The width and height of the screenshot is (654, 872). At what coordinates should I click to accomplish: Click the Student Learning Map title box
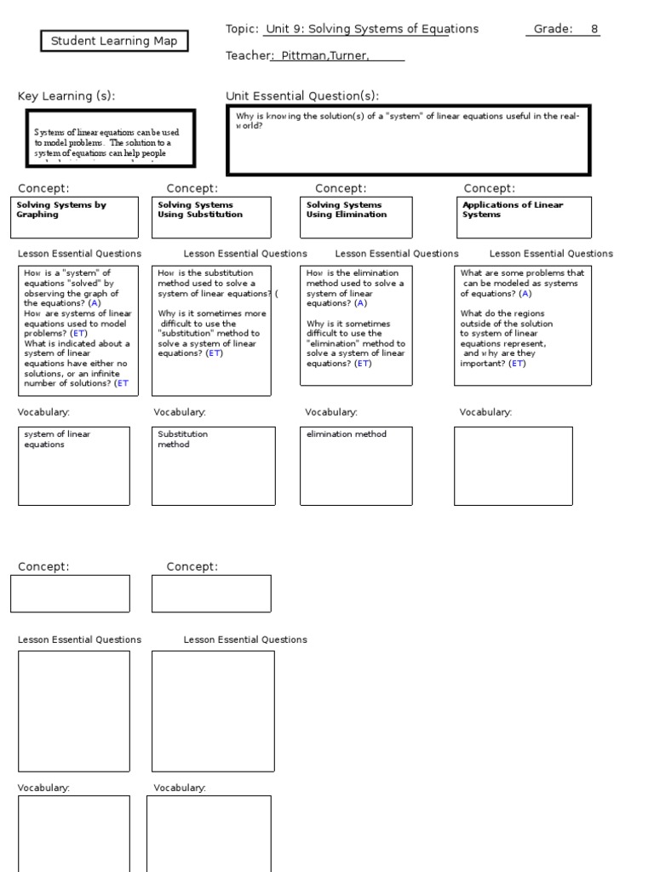[x=114, y=41]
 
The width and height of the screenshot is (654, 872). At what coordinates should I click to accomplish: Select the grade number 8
[x=594, y=29]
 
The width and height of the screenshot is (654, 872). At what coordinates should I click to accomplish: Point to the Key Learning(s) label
[x=66, y=96]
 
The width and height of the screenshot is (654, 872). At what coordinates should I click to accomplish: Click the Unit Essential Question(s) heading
[x=302, y=96]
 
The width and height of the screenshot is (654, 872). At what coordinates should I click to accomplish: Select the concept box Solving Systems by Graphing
[x=74, y=217]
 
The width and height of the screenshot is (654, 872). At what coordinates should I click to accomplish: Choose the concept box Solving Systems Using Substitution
[x=211, y=217]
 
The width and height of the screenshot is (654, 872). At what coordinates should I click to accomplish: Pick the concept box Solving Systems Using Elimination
[x=359, y=217]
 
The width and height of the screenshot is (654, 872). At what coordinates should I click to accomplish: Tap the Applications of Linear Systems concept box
[x=524, y=217]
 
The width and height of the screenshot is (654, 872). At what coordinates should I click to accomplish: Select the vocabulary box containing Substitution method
[x=214, y=465]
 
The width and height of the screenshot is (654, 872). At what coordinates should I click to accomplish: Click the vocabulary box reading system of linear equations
[x=74, y=465]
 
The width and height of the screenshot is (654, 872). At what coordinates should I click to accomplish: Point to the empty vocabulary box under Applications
[x=513, y=465]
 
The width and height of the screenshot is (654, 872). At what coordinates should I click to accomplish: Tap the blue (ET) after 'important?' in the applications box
[x=517, y=364]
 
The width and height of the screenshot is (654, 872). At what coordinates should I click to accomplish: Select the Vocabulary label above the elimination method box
[x=331, y=412]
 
